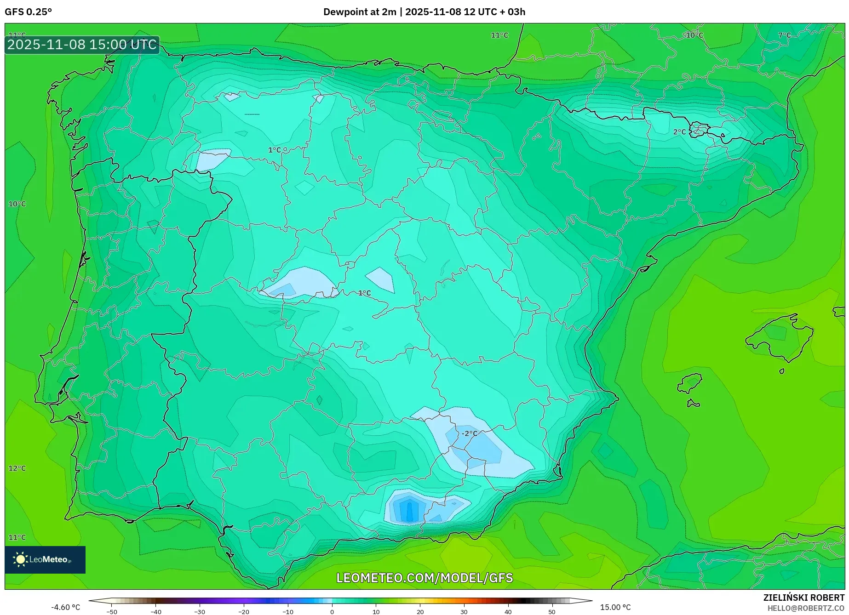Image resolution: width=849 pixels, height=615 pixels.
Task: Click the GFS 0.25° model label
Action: (28, 12)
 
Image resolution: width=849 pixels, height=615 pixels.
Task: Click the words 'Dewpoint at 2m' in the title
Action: (359, 12)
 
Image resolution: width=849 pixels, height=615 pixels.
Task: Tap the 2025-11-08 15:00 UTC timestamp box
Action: (82, 45)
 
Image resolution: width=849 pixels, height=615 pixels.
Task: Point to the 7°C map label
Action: (784, 35)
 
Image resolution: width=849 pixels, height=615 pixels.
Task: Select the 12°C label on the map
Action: (17, 468)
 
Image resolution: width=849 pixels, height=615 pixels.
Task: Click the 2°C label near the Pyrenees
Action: (679, 132)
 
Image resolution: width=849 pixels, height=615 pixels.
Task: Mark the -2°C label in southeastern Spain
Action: (469, 433)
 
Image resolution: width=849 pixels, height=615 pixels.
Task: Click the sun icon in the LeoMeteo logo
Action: (20, 559)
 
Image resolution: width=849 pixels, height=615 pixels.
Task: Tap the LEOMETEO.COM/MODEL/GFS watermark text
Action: (424, 578)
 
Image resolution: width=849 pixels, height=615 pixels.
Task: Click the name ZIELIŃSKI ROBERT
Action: (803, 598)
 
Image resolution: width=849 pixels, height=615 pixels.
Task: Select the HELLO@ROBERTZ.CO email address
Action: (806, 608)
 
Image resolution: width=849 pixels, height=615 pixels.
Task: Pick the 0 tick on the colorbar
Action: (332, 612)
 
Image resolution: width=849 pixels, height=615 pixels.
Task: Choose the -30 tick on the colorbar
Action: (200, 612)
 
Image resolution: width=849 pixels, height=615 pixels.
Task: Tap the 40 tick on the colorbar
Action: (508, 612)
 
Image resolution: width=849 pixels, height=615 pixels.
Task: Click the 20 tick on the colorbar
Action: (420, 612)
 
